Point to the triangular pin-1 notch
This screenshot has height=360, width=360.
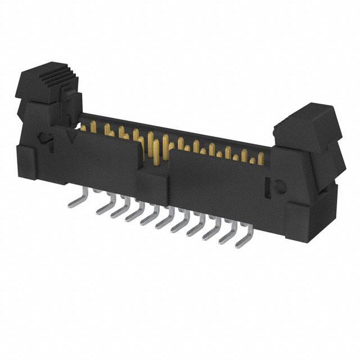point(71,136)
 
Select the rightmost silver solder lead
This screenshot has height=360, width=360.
point(242,239)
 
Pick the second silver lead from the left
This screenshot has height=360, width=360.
point(103,208)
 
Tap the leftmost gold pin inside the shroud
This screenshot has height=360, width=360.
point(83,128)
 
